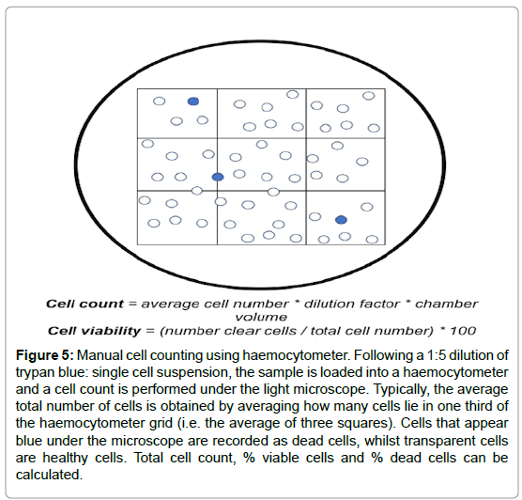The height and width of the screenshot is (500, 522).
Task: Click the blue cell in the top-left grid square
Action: pyautogui.click(x=193, y=102)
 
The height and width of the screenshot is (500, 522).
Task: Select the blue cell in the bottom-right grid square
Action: pyautogui.click(x=341, y=220)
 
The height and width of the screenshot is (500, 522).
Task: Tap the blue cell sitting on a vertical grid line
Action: pyautogui.click(x=218, y=177)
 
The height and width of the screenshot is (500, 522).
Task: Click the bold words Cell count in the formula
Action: pyautogui.click(x=84, y=304)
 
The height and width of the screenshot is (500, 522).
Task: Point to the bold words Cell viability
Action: pyautogui.click(x=94, y=331)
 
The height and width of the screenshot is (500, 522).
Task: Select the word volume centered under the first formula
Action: pyautogui.click(x=261, y=317)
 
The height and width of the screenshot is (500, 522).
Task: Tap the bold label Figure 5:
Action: pyautogui.click(x=45, y=355)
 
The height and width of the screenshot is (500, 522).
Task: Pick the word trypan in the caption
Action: pyautogui.click(x=35, y=373)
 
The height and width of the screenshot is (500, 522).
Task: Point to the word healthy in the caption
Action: pyautogui.click(x=66, y=458)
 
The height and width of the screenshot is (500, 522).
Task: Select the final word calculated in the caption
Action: pyautogui.click(x=49, y=475)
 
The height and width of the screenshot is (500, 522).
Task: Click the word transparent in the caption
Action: pyautogui.click(x=438, y=441)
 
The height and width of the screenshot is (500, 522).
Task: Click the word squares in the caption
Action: pyautogui.click(x=372, y=423)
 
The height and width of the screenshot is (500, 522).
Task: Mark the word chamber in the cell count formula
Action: pyautogui.click(x=446, y=304)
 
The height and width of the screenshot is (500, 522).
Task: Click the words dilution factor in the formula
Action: pyautogui.click(x=352, y=304)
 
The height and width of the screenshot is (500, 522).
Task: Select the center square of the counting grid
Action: pyautogui.click(x=262, y=164)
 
